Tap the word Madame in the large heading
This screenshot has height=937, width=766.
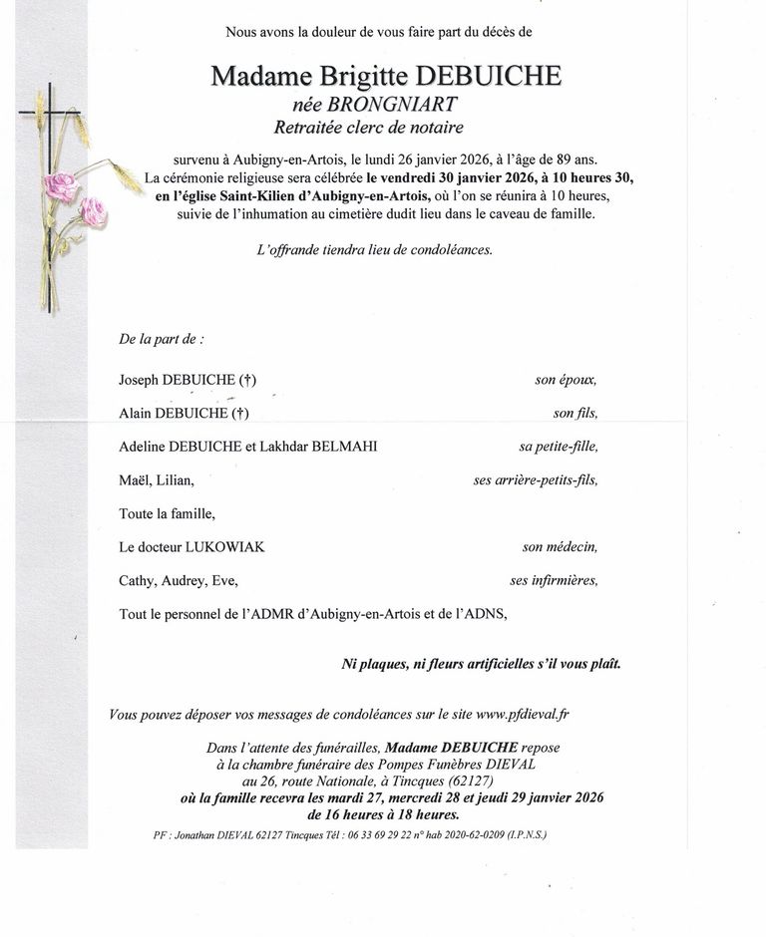coord(255,76)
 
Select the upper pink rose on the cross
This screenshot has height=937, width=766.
coord(62,185)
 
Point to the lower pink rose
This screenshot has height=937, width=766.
coord(93,211)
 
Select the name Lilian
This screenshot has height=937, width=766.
coord(176,480)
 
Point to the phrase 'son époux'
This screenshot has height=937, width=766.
coord(566,380)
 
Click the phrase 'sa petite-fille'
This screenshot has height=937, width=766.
coord(558,447)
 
